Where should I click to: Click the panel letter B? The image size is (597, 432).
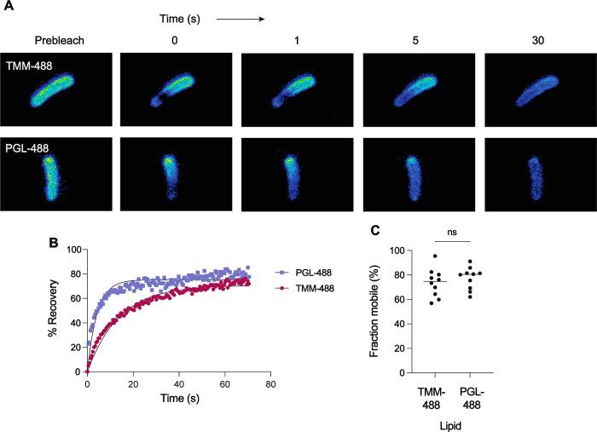(x=52, y=243)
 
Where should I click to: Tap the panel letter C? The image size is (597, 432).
(x=375, y=229)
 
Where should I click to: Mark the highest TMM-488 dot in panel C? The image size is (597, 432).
(x=435, y=256)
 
